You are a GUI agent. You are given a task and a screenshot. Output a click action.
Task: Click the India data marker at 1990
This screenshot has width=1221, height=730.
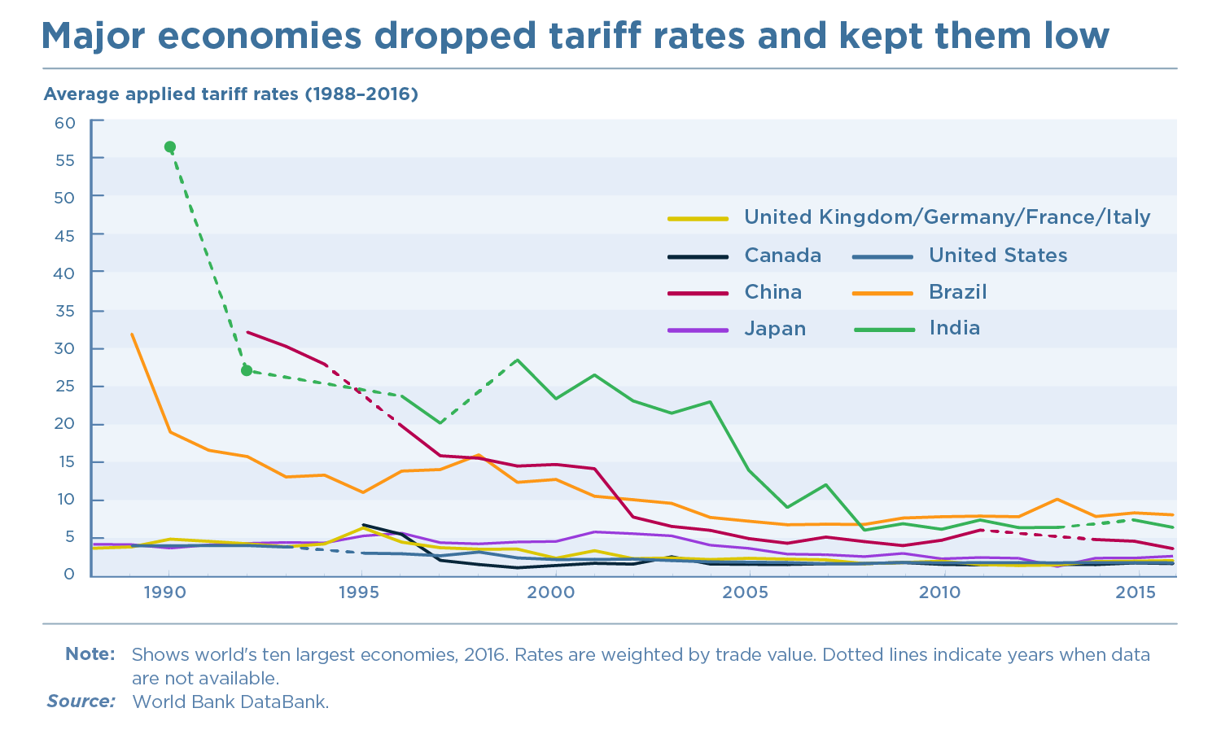point(169,147)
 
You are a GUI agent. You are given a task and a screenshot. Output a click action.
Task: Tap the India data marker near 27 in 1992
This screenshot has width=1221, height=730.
point(247,370)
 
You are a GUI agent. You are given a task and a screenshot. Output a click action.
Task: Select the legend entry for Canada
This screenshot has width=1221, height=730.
point(782,256)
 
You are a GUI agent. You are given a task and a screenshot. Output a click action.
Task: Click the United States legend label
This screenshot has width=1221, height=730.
point(997,256)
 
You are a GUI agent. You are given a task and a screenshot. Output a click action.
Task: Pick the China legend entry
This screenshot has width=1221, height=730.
point(772,292)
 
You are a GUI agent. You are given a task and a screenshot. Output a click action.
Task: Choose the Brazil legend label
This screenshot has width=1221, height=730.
point(957,292)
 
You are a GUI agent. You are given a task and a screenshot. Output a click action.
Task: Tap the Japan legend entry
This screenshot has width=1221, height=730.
point(775,329)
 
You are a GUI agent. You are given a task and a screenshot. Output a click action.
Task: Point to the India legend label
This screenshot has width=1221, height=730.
point(954,328)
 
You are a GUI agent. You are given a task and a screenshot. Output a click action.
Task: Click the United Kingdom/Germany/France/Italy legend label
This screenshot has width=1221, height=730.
point(947,217)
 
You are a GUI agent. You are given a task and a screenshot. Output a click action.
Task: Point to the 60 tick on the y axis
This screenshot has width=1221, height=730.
point(65,123)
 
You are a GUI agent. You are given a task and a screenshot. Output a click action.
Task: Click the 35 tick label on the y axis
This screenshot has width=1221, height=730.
point(65,312)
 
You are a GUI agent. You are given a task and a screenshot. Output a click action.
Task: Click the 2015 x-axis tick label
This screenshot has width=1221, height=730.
point(1135,592)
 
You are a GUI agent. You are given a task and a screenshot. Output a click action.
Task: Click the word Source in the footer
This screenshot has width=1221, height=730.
point(81,702)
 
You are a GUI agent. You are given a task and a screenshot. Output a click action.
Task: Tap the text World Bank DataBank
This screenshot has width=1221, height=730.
point(230,702)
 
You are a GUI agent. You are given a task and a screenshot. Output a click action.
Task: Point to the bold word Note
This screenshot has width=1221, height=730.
point(90,654)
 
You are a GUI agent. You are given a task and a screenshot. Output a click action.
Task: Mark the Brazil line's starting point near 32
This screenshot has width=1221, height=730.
point(132,334)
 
